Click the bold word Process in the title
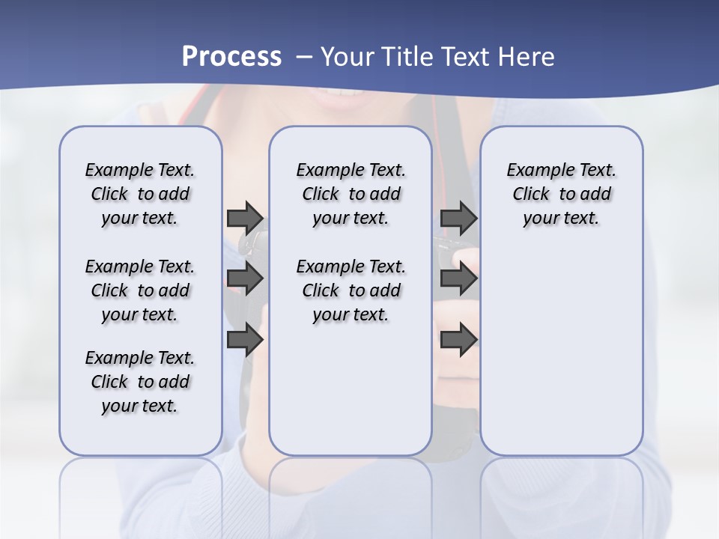point(231,57)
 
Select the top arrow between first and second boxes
point(245,218)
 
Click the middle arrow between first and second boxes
point(245,278)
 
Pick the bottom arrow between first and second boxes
point(245,340)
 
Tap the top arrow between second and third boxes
point(458,218)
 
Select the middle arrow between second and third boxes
point(458,278)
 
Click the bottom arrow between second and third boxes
point(458,340)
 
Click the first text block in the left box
point(140,194)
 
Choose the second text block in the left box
point(140,290)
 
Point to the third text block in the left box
point(140,382)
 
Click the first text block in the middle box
point(351,194)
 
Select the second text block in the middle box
point(351,290)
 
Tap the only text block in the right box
point(561,194)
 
